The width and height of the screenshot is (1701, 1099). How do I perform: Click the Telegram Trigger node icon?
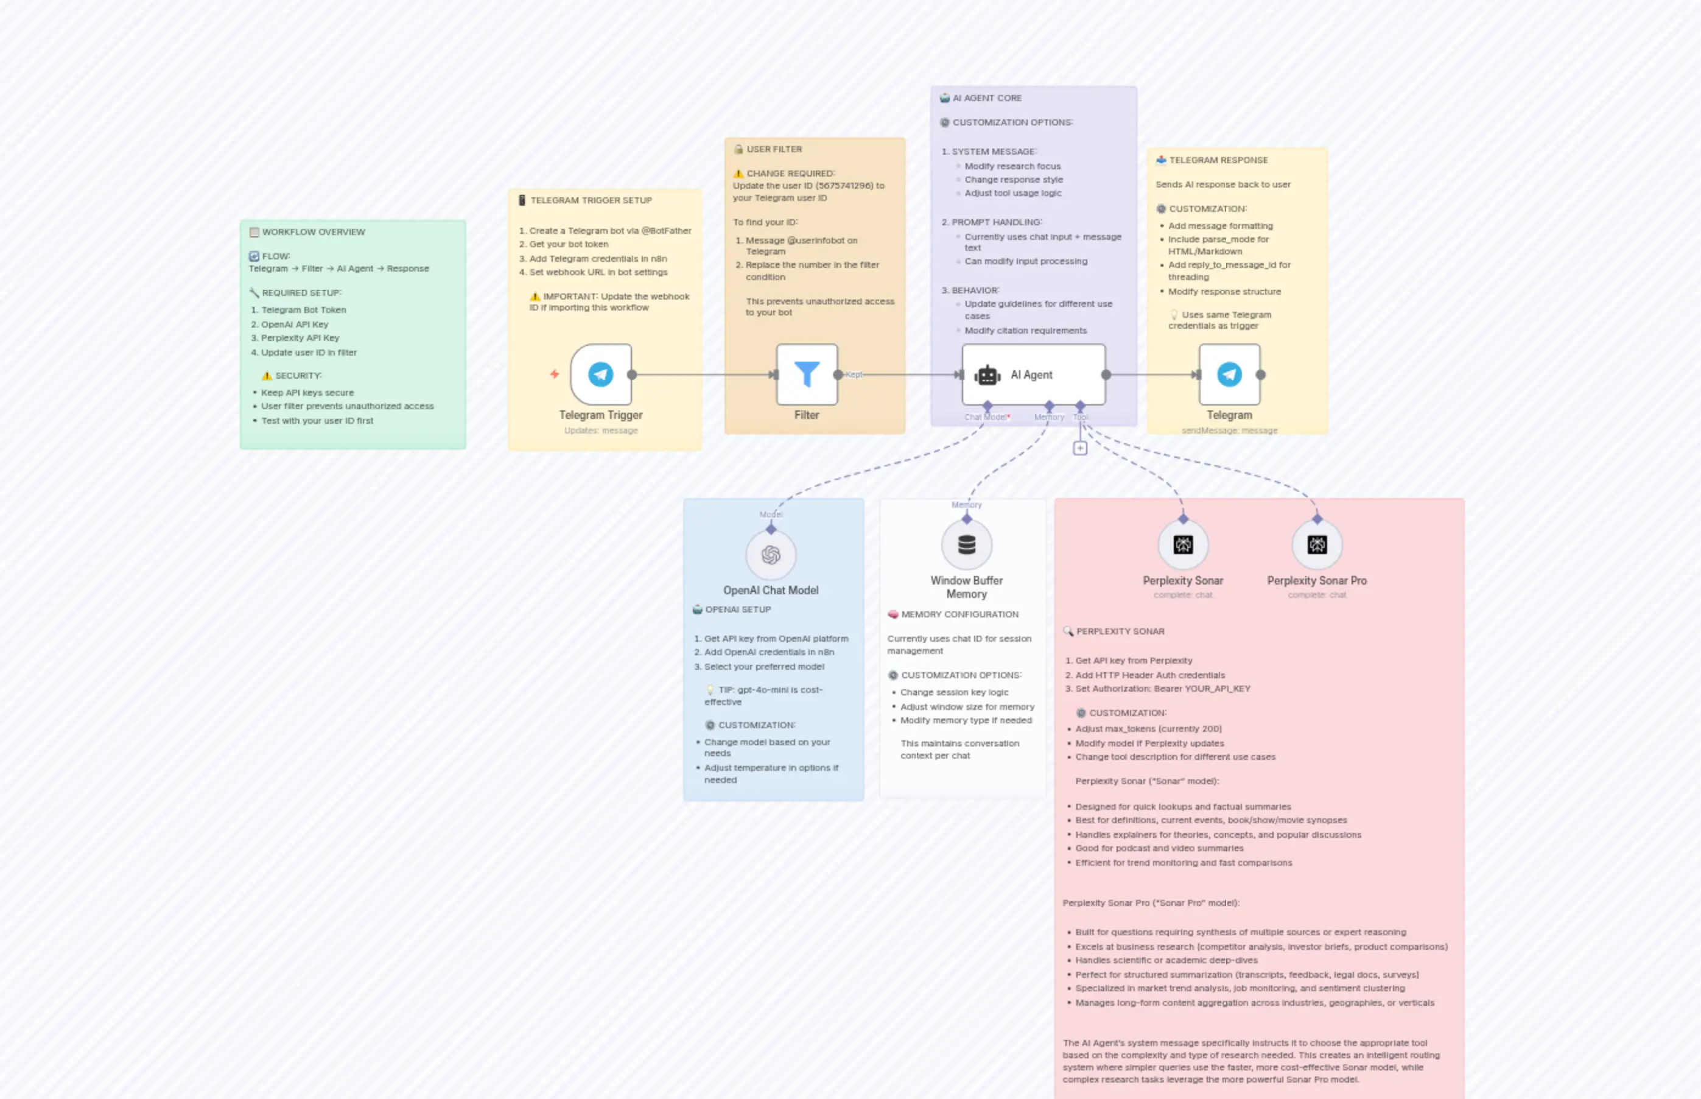tap(601, 374)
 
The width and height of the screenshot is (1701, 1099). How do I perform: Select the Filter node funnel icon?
tap(807, 374)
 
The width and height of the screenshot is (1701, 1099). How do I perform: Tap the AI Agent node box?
tap(1033, 374)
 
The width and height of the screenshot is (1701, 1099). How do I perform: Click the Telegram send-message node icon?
tap(1229, 374)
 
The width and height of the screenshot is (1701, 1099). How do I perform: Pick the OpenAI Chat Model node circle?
tap(771, 555)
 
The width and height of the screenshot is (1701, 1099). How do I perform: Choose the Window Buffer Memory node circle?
tap(967, 545)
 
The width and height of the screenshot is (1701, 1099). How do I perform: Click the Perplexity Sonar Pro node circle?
tap(1317, 545)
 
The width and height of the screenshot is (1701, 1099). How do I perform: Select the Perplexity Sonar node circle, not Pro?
tap(1183, 545)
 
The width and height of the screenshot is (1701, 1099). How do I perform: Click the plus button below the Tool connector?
tap(1080, 448)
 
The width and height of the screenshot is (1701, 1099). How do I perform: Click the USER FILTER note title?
tap(774, 149)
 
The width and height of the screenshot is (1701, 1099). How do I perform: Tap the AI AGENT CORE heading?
tap(987, 98)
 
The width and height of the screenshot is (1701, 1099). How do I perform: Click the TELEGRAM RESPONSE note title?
tap(1218, 160)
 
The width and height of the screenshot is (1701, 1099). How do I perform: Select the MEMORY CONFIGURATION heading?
tap(959, 614)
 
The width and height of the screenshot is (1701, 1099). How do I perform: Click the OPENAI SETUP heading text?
tap(738, 609)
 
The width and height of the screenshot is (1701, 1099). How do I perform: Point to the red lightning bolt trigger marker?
tap(555, 374)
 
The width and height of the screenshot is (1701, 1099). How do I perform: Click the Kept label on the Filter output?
tap(854, 374)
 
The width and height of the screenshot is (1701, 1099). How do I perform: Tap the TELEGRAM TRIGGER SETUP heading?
tap(591, 200)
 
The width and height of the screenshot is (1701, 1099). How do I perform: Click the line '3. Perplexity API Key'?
tap(300, 339)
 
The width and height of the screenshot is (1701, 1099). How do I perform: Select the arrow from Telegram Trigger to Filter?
tap(703, 374)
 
